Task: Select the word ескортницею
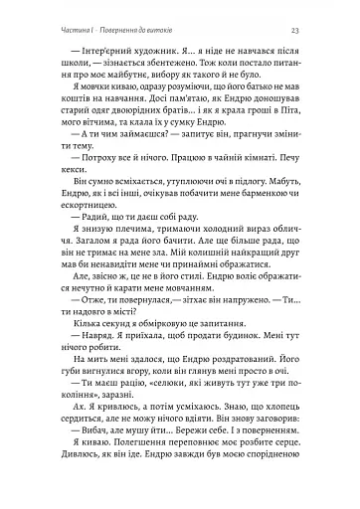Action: click(76, 240)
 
